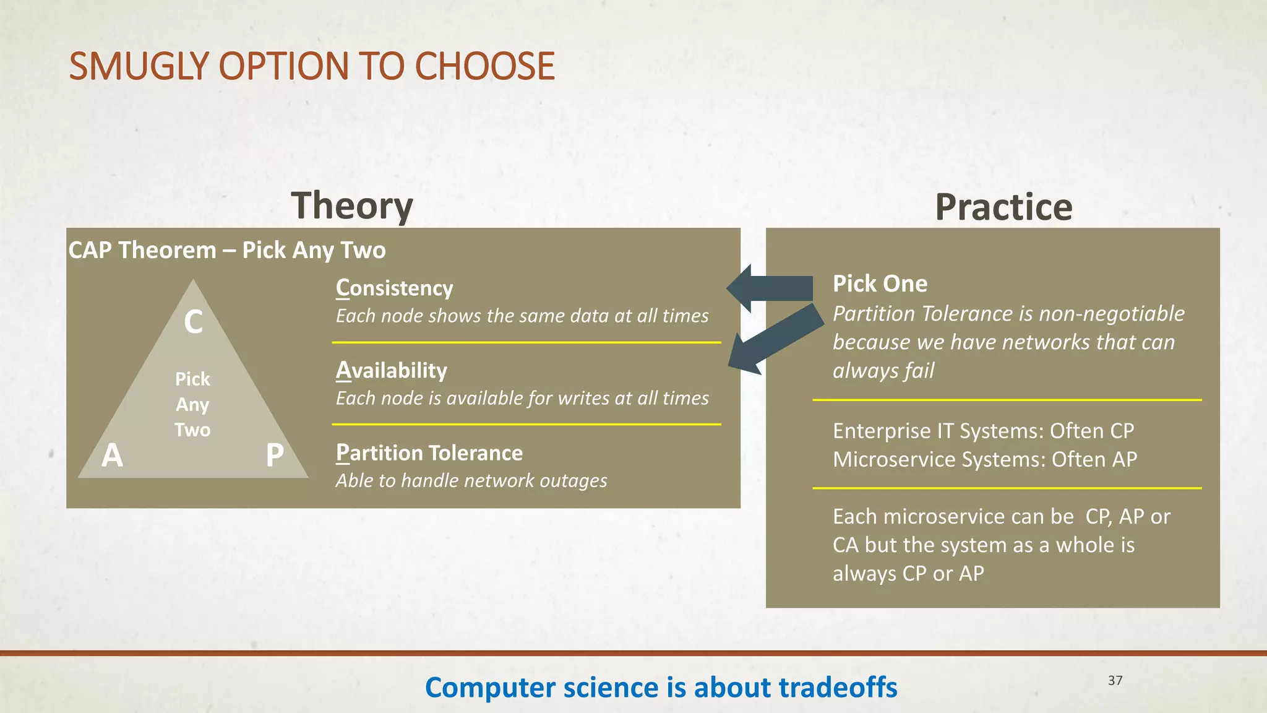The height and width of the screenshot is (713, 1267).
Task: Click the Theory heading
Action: (x=351, y=206)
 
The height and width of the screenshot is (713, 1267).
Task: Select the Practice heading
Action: (x=1003, y=207)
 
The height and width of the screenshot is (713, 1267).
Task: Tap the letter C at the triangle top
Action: (x=193, y=322)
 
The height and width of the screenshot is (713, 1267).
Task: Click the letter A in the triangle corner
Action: (x=112, y=456)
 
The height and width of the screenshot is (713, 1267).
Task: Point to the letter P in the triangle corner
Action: (x=275, y=456)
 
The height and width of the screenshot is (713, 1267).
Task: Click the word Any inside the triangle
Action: (x=192, y=405)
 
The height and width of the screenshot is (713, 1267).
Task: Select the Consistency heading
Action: (x=394, y=288)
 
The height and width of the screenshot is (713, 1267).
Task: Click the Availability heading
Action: (x=391, y=371)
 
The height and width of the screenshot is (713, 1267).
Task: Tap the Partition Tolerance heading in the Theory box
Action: (x=429, y=453)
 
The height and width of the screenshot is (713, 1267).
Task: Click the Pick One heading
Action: (x=880, y=284)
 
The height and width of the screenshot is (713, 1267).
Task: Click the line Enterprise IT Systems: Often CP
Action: (x=983, y=431)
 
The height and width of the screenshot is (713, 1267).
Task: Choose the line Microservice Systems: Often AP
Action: (x=984, y=460)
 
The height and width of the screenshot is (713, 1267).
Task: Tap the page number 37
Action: (x=1115, y=680)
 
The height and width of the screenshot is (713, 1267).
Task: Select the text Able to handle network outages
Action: (x=471, y=481)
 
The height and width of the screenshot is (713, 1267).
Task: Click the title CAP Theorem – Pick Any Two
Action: (x=226, y=250)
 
